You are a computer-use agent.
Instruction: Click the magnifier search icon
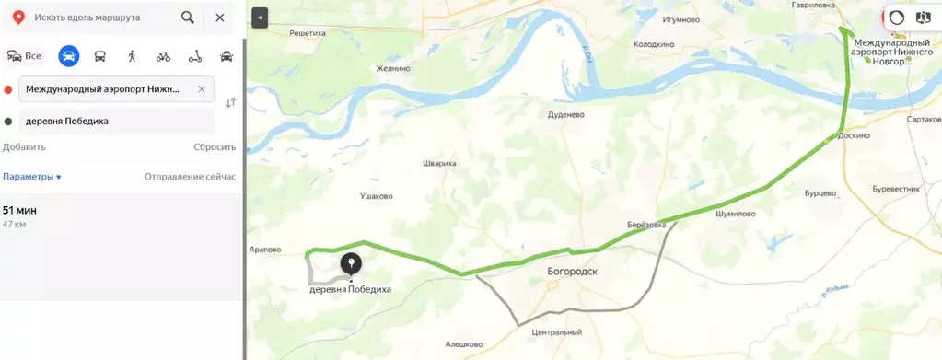(x=188, y=17)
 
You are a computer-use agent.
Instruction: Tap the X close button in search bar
(x=219, y=17)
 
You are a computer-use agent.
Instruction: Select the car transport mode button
(x=68, y=56)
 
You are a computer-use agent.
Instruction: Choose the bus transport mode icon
(x=99, y=56)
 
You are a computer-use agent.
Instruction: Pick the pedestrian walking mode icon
(x=132, y=56)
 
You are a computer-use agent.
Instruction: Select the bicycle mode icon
(x=163, y=56)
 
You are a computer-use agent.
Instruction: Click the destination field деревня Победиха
(x=115, y=121)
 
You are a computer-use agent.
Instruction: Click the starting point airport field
(x=115, y=89)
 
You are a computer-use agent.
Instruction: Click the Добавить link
(x=24, y=147)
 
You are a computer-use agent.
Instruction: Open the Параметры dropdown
(x=32, y=176)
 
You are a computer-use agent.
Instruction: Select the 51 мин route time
(x=19, y=211)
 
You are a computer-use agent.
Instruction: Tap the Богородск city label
(x=572, y=273)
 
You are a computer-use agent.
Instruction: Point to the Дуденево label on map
(x=566, y=116)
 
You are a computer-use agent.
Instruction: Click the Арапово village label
(x=265, y=250)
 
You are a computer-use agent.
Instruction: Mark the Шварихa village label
(x=439, y=163)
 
